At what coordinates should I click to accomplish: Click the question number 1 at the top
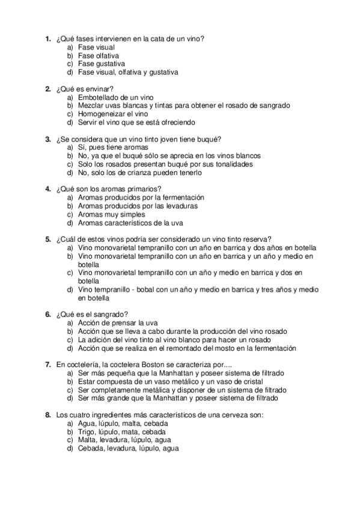click(48, 39)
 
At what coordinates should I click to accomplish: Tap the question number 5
click(48, 239)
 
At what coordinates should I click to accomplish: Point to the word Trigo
click(87, 431)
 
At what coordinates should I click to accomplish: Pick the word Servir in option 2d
click(88, 122)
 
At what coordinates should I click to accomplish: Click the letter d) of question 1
click(70, 72)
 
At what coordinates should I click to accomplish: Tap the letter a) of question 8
click(70, 423)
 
